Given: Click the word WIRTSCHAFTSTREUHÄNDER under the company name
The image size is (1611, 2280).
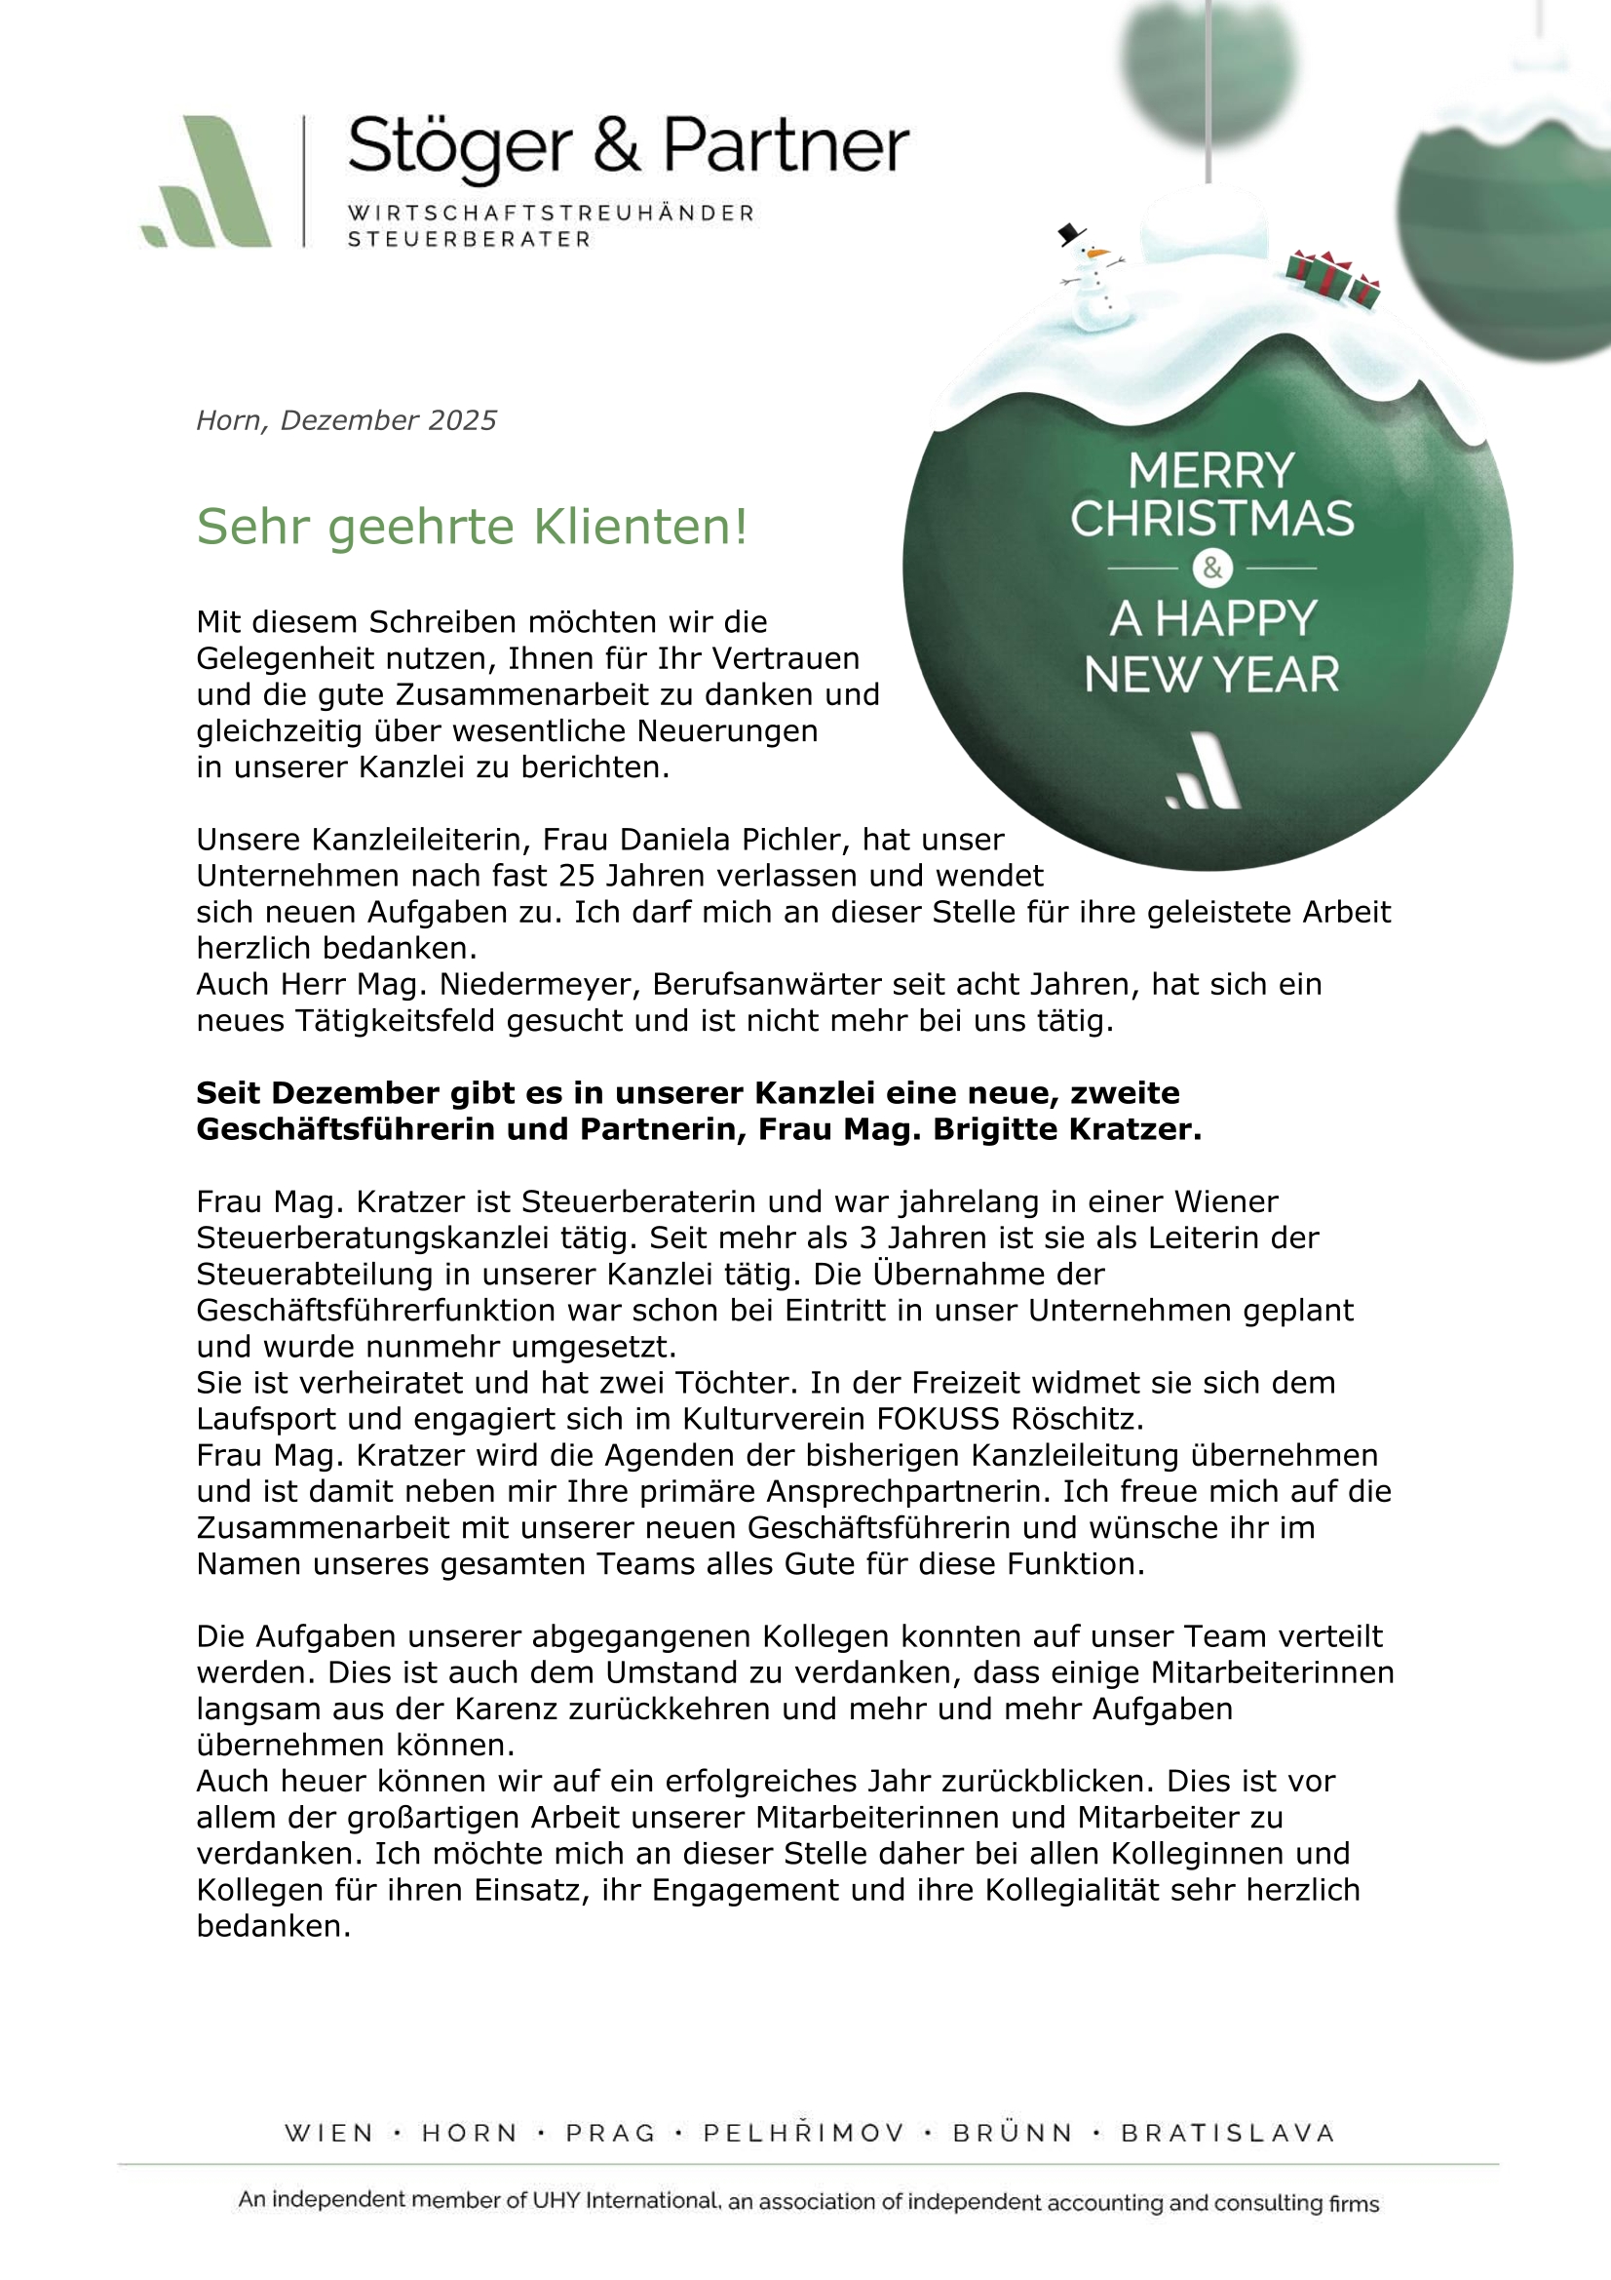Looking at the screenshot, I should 551,214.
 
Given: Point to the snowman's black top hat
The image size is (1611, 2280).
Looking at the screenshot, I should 1070,234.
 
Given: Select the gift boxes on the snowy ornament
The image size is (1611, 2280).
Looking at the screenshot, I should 1332,277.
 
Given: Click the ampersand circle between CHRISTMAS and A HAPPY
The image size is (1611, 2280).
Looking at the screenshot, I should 1212,568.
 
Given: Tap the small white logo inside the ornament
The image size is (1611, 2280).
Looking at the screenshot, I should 1204,771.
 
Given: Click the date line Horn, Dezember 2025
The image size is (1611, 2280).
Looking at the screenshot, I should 346,420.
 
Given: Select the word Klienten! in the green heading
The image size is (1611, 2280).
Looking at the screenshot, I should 640,527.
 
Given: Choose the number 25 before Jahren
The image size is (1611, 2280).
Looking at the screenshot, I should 577,876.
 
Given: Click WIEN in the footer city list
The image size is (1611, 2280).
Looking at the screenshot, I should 329,2133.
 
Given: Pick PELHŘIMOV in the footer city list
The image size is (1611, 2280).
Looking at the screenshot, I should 804,2133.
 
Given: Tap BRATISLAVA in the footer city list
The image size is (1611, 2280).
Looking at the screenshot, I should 1228,2133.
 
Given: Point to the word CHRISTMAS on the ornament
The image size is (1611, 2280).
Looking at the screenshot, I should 1212,519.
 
